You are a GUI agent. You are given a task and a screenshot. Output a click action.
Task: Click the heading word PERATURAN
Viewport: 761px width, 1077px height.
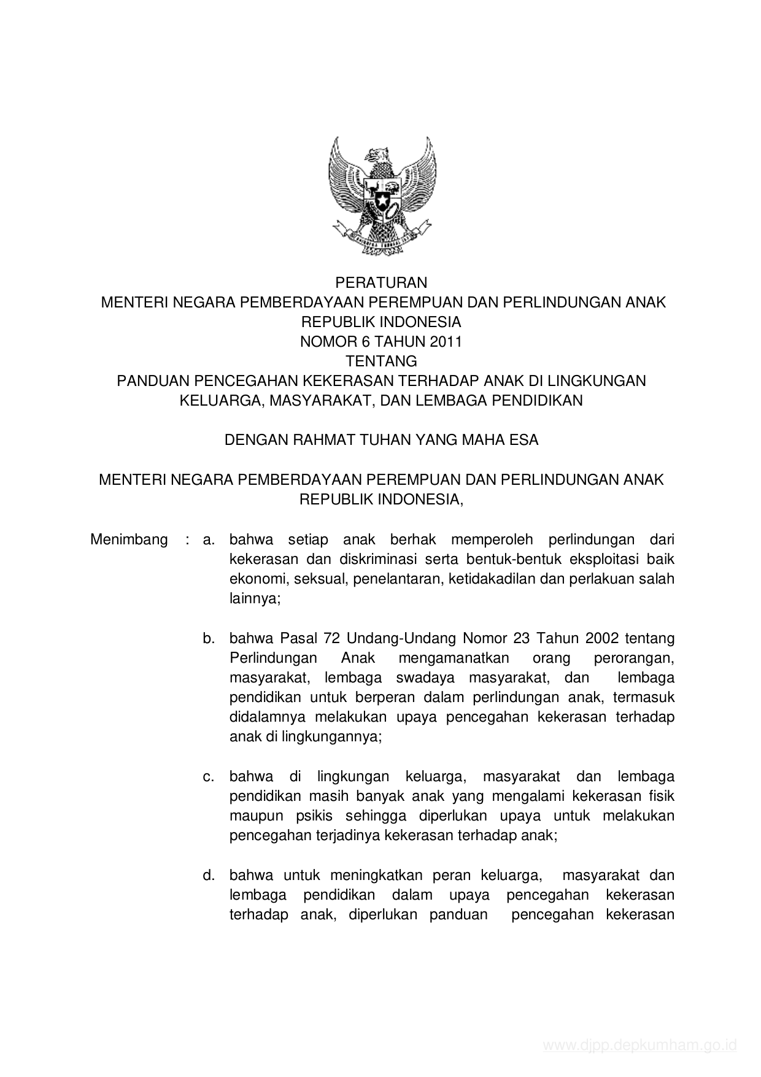click(x=381, y=283)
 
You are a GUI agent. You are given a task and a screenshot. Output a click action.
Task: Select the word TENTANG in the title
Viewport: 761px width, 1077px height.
click(x=381, y=361)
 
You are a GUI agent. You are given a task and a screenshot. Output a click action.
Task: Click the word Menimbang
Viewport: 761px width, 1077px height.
click(x=129, y=539)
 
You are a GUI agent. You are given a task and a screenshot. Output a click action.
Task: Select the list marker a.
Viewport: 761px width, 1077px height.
click(x=209, y=540)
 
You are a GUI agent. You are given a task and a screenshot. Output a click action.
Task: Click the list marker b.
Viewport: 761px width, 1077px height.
click(x=209, y=638)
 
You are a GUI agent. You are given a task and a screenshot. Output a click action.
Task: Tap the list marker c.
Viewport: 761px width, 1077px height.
click(x=209, y=776)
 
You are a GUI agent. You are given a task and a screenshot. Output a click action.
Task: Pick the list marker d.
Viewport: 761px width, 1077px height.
click(x=209, y=874)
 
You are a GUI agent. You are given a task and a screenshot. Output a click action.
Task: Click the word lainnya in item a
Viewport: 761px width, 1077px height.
click(x=254, y=598)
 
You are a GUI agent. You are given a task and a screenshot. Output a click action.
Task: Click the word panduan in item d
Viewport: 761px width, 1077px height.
click(x=458, y=914)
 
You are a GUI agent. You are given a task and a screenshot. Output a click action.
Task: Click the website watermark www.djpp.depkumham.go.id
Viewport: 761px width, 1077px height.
click(x=639, y=1045)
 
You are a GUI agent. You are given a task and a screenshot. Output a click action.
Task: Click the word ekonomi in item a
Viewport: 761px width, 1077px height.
click(x=255, y=579)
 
